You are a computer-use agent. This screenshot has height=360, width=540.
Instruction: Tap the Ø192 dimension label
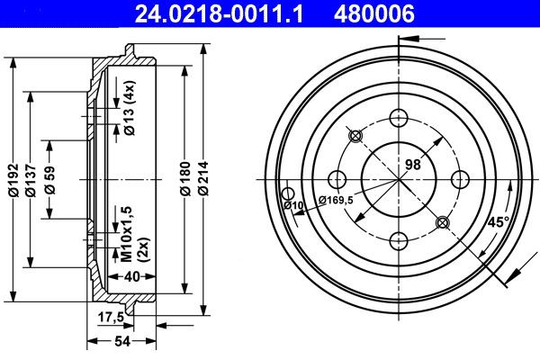[x=13, y=180]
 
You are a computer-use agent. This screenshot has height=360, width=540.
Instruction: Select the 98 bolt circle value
[x=413, y=163]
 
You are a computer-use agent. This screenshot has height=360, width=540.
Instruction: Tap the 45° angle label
[x=498, y=221]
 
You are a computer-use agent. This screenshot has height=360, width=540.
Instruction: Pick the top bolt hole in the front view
[x=398, y=116]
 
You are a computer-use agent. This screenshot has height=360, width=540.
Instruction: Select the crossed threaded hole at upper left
[x=355, y=136]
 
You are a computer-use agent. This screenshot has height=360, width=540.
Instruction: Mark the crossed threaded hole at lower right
[x=441, y=221]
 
